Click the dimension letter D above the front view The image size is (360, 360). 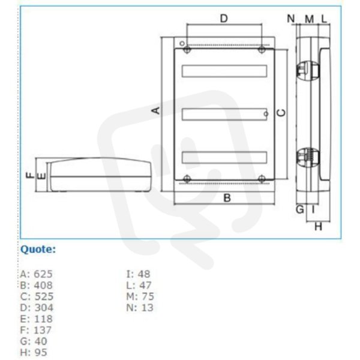click(224, 19)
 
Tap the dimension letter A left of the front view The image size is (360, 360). click(156, 110)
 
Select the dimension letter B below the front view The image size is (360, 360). click(227, 198)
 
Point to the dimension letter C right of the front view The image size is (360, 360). click(282, 113)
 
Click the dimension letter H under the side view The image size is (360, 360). click(318, 227)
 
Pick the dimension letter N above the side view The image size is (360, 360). click(291, 19)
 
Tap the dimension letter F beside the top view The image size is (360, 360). click(30, 176)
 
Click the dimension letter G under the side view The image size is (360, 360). click(299, 209)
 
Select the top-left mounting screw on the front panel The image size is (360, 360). click(187, 49)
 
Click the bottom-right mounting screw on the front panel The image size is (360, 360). click(262, 178)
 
